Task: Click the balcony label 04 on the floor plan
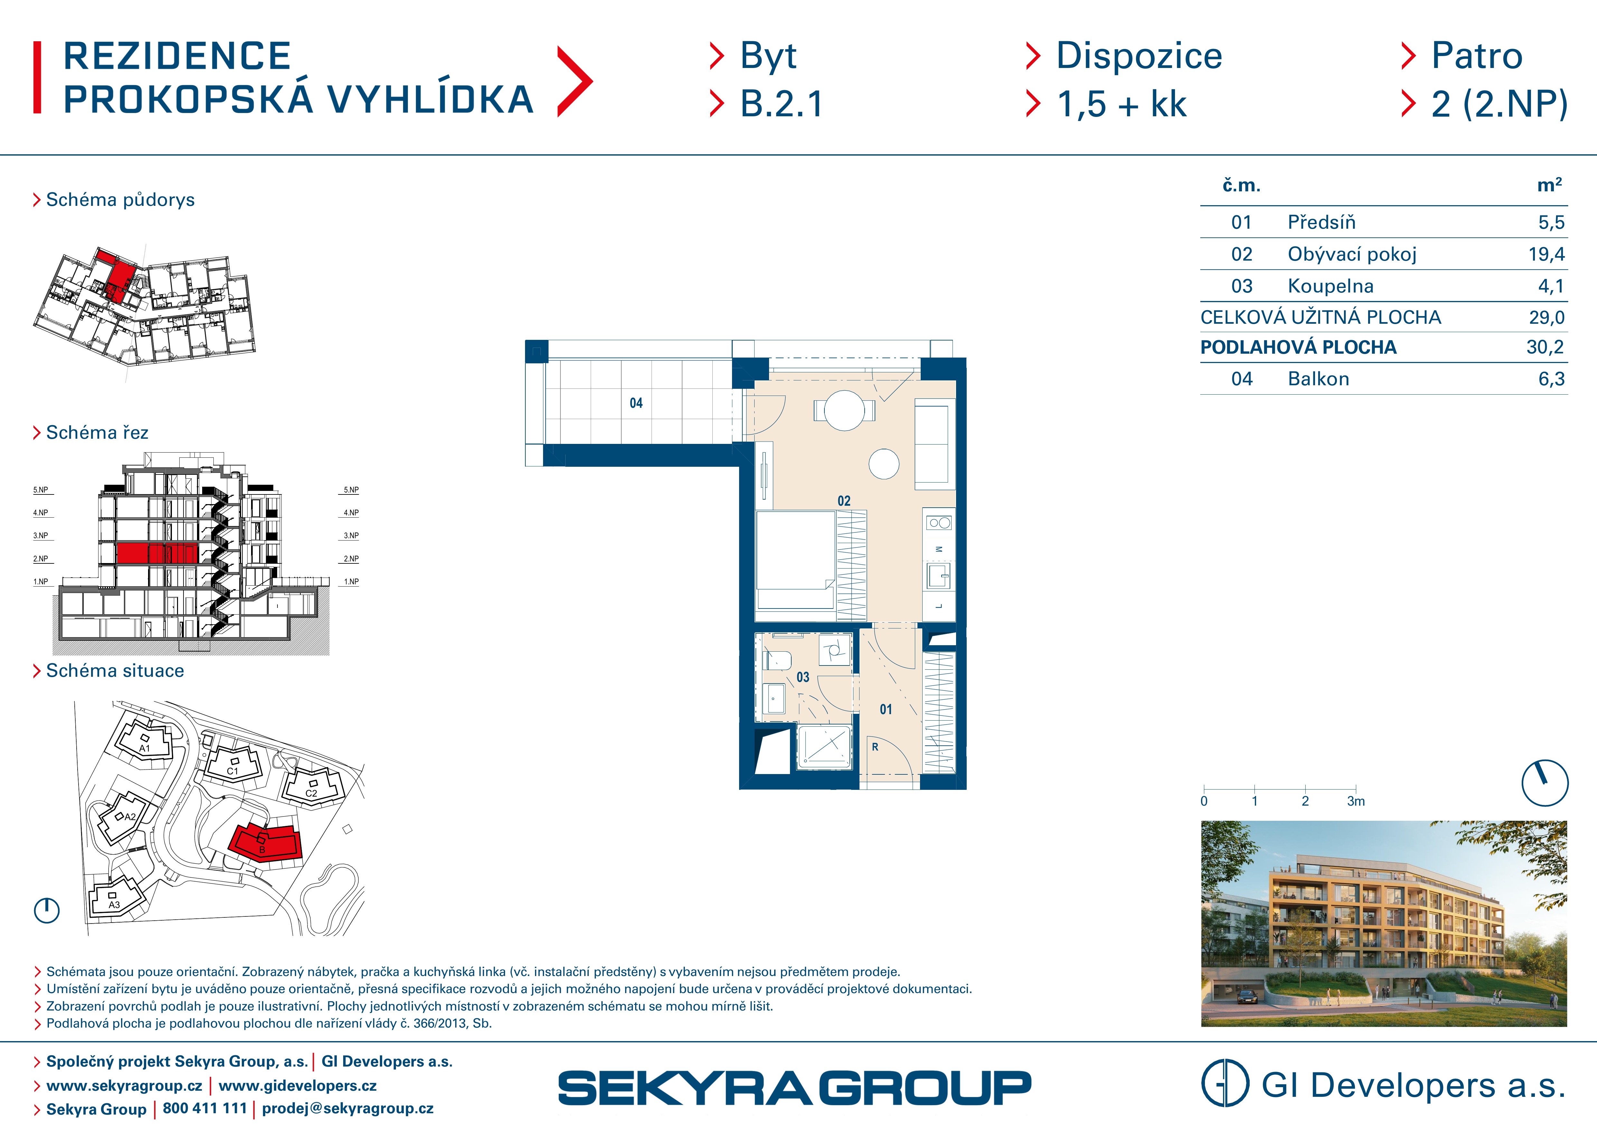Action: pos(636,403)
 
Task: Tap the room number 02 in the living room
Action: pos(844,501)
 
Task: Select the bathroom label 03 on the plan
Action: pos(803,677)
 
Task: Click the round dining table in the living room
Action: pos(844,410)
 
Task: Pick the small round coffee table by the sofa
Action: pos(884,464)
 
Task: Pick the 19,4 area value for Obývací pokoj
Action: pos(1546,255)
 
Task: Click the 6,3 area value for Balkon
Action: pos(1551,379)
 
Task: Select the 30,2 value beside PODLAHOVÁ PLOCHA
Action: pos(1545,347)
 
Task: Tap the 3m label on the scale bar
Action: pos(1356,801)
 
